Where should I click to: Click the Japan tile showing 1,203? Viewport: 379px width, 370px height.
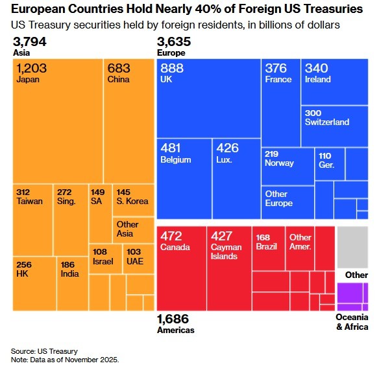point(58,121)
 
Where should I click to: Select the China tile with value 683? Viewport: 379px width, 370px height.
point(128,121)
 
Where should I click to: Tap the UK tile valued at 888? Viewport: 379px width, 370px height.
point(208,97)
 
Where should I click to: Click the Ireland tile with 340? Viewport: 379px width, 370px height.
point(334,81)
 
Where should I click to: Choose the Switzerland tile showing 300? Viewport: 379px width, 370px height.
point(334,126)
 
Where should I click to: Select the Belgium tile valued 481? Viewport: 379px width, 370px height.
point(184,178)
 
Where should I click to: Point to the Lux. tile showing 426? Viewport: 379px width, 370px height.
point(236,178)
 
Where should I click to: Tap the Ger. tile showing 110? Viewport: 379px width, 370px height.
point(330,164)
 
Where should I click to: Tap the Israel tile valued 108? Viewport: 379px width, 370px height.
point(104,259)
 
